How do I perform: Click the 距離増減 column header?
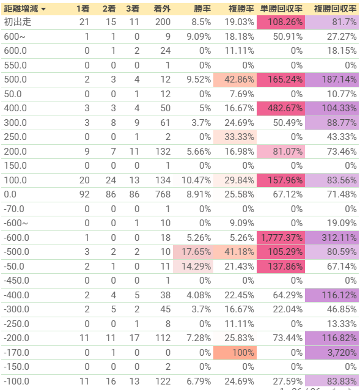[x=21, y=9]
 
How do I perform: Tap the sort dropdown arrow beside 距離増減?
[x=43, y=9]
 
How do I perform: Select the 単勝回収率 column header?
[x=281, y=9]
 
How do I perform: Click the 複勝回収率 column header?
[x=335, y=9]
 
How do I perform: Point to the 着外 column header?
[x=162, y=9]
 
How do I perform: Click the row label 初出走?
[x=17, y=22]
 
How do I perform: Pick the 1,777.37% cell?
[x=281, y=238]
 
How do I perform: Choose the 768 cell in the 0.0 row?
[x=163, y=194]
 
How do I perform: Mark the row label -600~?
[x=16, y=223]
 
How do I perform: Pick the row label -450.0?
[x=17, y=281]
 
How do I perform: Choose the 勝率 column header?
[x=202, y=9]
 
